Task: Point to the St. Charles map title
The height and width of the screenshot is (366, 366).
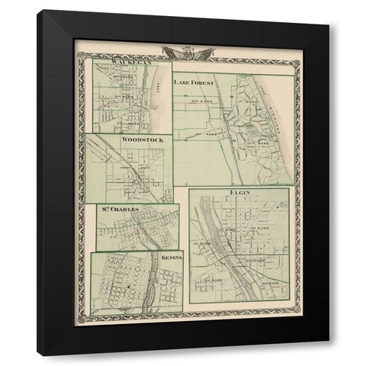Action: point(117,208)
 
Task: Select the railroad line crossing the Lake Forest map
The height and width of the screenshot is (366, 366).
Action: point(229,122)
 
